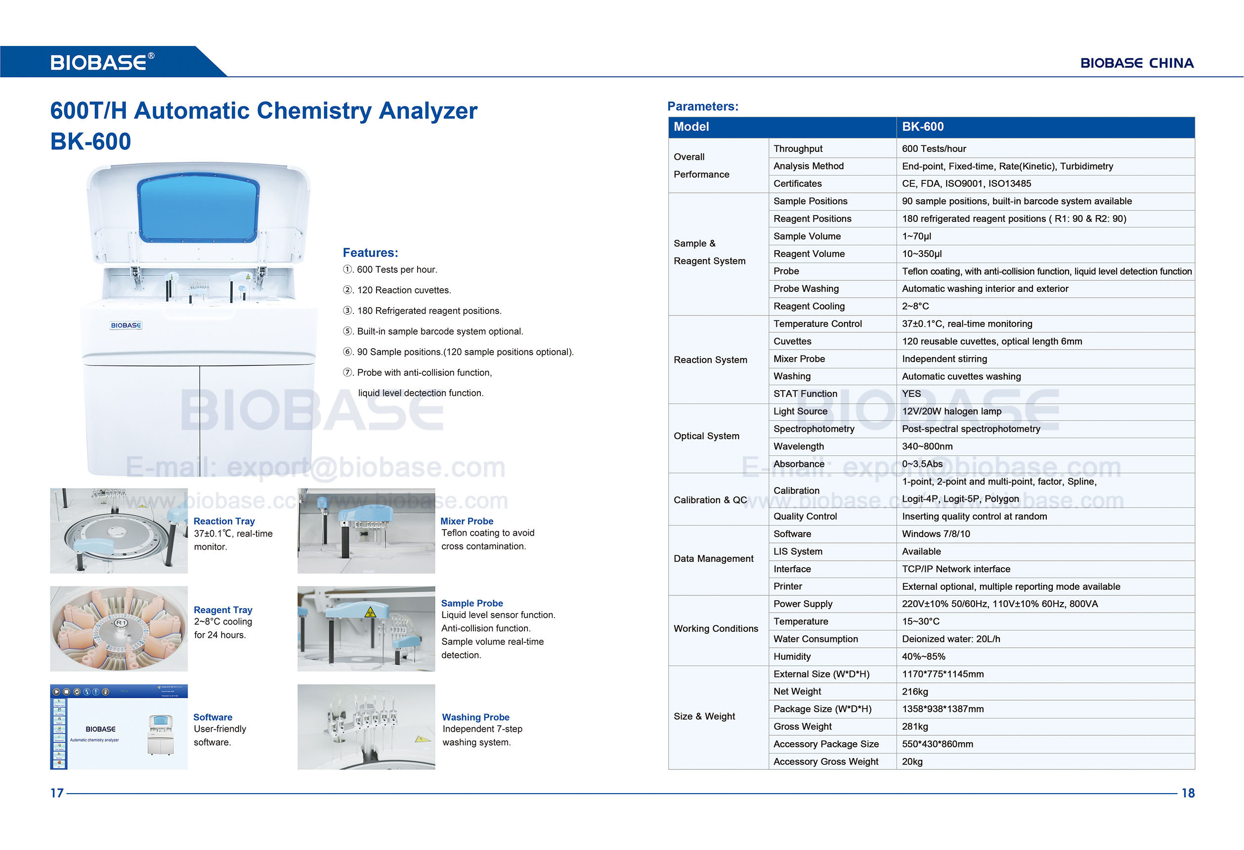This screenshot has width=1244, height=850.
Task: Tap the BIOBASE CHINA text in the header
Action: tap(1136, 63)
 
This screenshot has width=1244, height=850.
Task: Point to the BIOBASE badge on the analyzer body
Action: tap(126, 325)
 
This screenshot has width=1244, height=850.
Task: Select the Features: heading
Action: tap(370, 253)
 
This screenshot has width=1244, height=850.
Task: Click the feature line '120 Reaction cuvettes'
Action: tap(404, 290)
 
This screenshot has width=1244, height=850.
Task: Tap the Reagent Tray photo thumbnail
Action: tap(119, 628)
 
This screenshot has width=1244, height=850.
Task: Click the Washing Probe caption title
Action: tap(475, 717)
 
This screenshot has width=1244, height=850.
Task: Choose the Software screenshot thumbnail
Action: tap(119, 727)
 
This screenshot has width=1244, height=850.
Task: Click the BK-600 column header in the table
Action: tap(922, 127)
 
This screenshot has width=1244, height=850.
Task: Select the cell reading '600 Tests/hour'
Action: tap(934, 149)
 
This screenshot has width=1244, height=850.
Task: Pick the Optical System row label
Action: tap(706, 436)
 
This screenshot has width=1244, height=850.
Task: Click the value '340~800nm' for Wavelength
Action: tap(927, 447)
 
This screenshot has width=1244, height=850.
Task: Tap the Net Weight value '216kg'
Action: tap(915, 691)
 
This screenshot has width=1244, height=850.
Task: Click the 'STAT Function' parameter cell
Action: tap(805, 394)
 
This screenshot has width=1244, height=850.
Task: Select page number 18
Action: tap(1188, 793)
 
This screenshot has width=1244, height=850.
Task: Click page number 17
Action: tap(57, 793)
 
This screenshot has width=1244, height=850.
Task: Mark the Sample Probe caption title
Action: tap(472, 603)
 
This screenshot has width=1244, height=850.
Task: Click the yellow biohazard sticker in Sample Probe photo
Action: tap(369, 612)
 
